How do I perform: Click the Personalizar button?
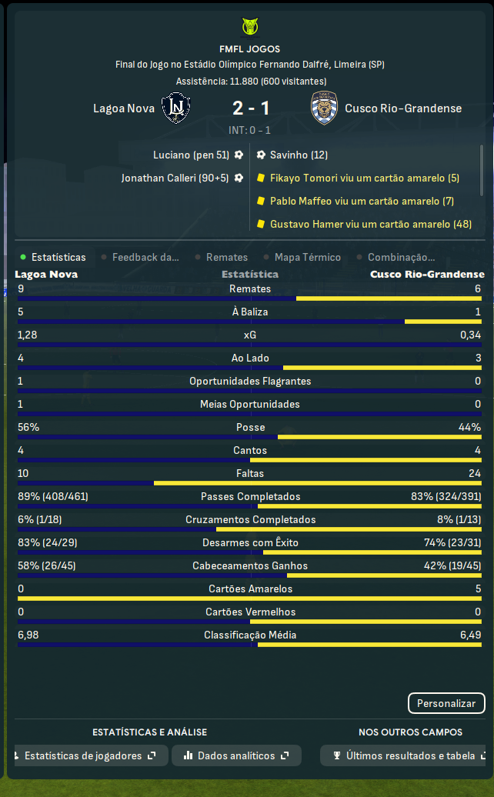click(x=446, y=703)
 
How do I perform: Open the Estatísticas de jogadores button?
click(x=90, y=755)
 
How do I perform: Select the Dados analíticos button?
click(x=236, y=755)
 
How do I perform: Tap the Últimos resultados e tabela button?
click(x=405, y=755)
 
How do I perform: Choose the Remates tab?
click(x=226, y=258)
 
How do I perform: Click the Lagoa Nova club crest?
click(x=176, y=108)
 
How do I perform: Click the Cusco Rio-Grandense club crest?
click(x=323, y=108)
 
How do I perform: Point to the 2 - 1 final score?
click(x=250, y=108)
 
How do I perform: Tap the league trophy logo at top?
click(x=249, y=27)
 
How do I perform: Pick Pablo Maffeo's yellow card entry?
click(x=361, y=201)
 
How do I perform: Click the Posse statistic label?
click(x=250, y=428)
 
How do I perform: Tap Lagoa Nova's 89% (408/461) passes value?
click(x=53, y=497)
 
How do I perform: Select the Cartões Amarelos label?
click(x=250, y=589)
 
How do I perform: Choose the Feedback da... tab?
click(x=145, y=258)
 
